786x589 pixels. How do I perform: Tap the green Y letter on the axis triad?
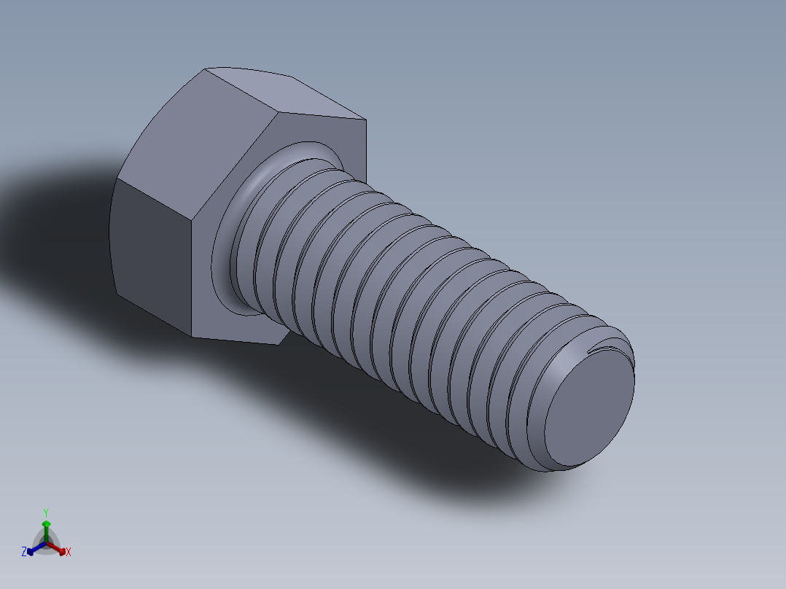[x=46, y=512]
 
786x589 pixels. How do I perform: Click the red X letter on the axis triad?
[x=69, y=553]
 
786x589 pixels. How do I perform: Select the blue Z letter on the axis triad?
[x=24, y=553]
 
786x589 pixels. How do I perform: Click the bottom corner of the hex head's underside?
[x=278, y=344]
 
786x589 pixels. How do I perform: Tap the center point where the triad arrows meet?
[x=46, y=544]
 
